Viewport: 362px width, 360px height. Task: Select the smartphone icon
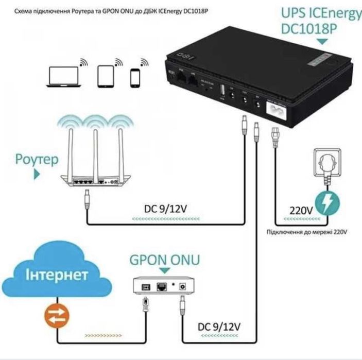point(135,78)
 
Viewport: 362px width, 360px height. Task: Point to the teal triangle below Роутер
point(37,175)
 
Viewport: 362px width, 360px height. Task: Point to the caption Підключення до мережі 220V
point(306,233)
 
